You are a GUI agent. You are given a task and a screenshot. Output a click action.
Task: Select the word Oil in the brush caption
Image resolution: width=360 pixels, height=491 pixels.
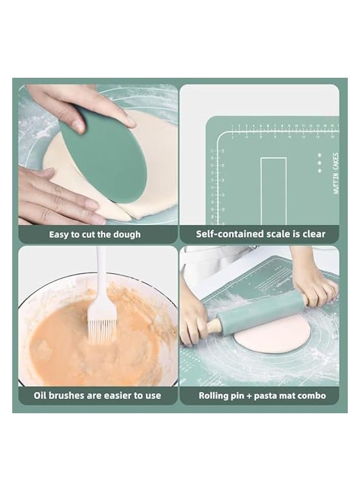click(41, 395)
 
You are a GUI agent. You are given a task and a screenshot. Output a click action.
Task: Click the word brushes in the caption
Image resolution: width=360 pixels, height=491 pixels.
click(69, 395)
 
